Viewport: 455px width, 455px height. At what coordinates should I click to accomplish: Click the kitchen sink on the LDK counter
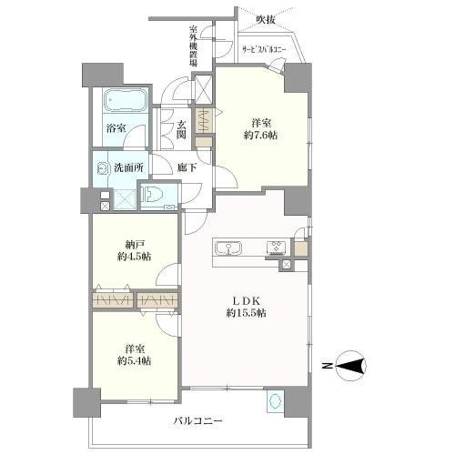(228, 248)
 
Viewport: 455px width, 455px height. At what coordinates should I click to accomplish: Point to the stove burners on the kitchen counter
(276, 248)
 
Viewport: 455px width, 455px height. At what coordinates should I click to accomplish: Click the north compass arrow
(353, 367)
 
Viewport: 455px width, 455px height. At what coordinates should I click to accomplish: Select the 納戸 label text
(133, 243)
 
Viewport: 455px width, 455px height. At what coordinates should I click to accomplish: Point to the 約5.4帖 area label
(133, 360)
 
